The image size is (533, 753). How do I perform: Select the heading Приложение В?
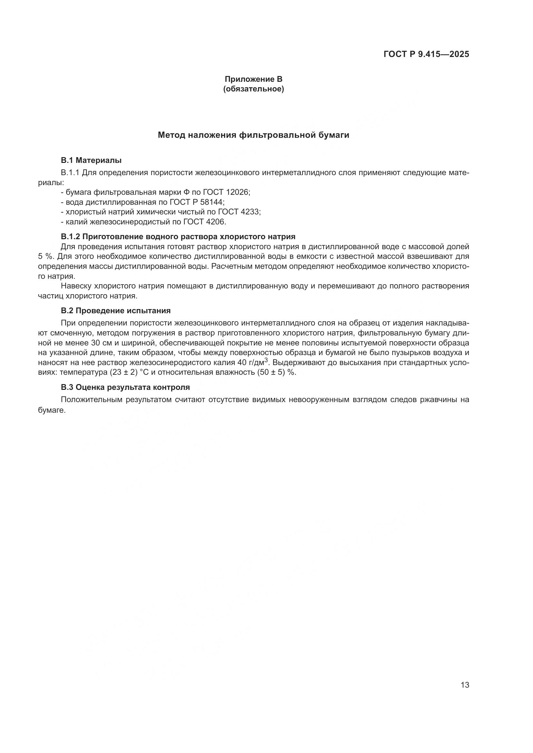[x=253, y=79]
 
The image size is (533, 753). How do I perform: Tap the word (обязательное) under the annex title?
[x=253, y=89]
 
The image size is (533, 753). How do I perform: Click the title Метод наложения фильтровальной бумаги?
[x=253, y=135]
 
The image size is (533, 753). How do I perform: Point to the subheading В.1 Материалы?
[x=91, y=160]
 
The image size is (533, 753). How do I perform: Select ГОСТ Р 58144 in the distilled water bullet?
[x=197, y=202]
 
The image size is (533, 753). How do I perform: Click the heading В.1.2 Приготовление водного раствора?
[x=178, y=237]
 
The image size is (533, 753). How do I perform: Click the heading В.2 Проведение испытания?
[x=116, y=311]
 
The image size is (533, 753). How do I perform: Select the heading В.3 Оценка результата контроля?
[x=125, y=387]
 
